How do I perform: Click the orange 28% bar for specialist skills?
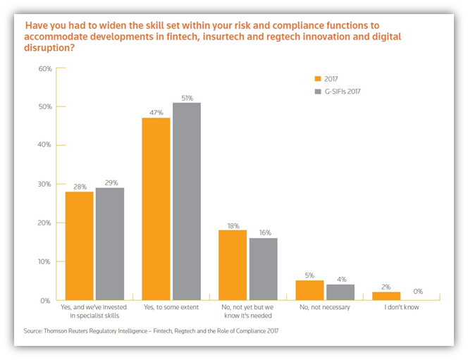[x=79, y=245]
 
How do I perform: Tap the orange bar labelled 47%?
[x=156, y=209]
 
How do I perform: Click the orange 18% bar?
[x=233, y=264]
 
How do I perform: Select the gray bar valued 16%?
[x=263, y=268]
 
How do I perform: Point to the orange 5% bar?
[x=309, y=290]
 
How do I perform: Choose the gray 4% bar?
[x=339, y=292]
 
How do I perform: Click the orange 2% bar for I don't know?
[x=386, y=295]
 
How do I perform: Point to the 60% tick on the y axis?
[x=44, y=68]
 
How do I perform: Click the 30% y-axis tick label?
[x=44, y=184]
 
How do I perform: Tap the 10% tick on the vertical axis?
[x=44, y=261]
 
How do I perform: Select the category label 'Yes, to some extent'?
[x=171, y=307]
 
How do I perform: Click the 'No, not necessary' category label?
[x=324, y=307]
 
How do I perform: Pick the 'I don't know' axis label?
[x=400, y=307]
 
